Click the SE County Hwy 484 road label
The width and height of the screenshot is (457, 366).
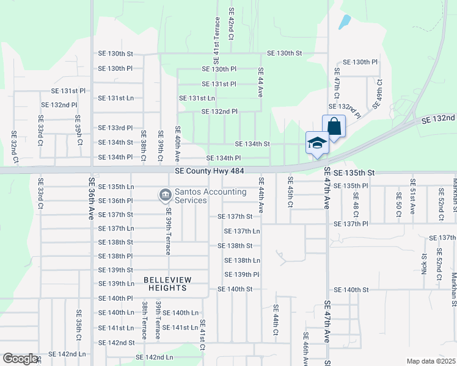(x=210, y=171)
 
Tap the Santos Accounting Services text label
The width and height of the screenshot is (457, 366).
(x=210, y=196)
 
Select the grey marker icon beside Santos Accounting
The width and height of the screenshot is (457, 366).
(x=165, y=195)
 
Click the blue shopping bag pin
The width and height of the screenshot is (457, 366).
(x=334, y=127)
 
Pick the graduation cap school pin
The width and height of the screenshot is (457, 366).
(x=317, y=144)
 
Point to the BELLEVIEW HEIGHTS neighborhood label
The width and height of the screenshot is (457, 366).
(x=167, y=284)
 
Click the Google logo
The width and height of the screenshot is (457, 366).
(x=20, y=359)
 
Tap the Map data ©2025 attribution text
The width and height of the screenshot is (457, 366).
(x=431, y=361)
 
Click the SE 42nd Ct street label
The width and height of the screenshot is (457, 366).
(x=231, y=23)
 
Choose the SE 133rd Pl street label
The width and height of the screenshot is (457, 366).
(x=115, y=128)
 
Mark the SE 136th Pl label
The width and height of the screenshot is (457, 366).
(x=115, y=201)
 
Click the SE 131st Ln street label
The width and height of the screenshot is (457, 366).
(x=197, y=98)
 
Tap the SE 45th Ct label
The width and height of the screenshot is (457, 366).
(x=290, y=191)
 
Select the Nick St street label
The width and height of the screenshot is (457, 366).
(x=423, y=264)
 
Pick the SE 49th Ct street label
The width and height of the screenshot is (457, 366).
(x=378, y=92)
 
